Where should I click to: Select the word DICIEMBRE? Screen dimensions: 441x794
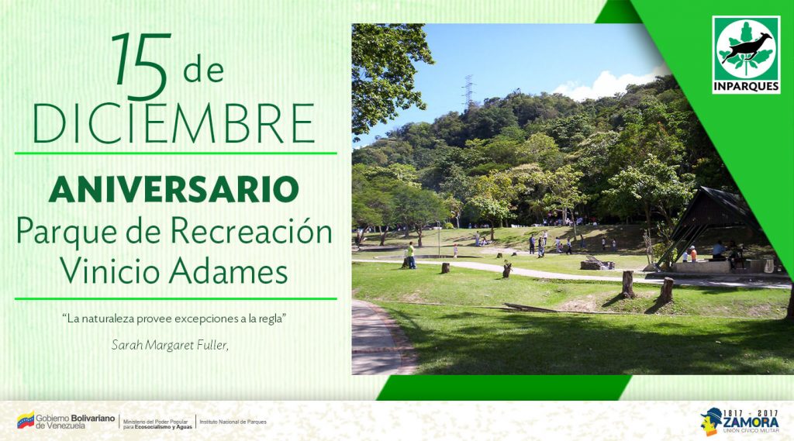[x=174, y=122]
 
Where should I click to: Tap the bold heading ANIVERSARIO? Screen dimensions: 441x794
[x=174, y=188]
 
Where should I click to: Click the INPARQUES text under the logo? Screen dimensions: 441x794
[x=746, y=86]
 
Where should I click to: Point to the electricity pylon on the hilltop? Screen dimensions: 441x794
[x=468, y=91]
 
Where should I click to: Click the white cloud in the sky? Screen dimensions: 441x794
[x=609, y=84]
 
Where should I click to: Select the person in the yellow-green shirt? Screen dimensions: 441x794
[x=411, y=254]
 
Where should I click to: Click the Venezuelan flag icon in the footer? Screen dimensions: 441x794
[x=25, y=421]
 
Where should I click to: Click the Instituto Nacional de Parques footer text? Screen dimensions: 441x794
[x=233, y=422]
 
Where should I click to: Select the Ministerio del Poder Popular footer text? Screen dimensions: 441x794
[x=157, y=422]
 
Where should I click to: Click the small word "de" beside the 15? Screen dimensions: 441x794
[x=203, y=71]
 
